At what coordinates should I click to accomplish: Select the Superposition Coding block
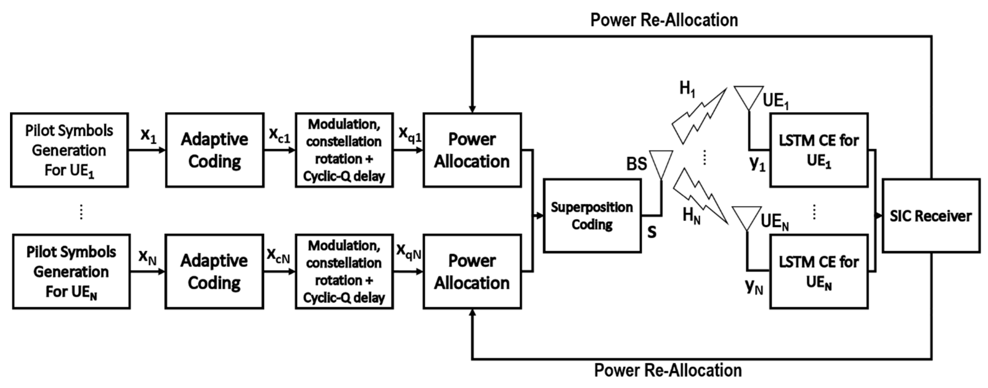(x=592, y=216)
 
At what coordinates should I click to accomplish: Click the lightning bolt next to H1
(x=699, y=117)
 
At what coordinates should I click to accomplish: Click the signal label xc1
(x=279, y=135)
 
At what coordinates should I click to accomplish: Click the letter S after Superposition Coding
(x=652, y=232)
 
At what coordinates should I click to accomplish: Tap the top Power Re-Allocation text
(x=664, y=20)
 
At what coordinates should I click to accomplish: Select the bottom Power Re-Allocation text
(x=668, y=370)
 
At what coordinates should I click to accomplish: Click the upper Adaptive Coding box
(x=214, y=150)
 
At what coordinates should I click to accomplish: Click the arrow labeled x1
(x=147, y=150)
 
